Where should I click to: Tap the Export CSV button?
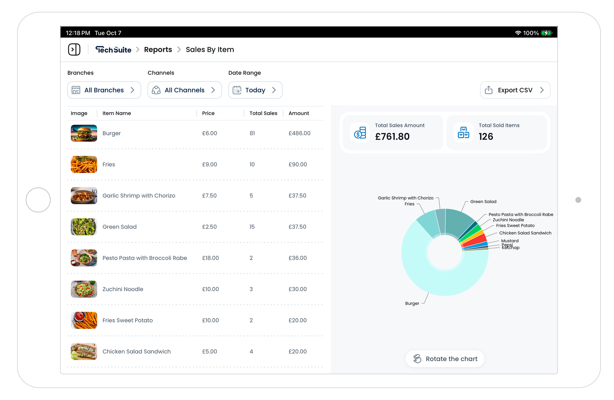(515, 90)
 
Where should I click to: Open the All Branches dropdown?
(104, 90)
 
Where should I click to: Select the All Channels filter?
(184, 90)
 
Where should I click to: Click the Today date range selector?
(255, 90)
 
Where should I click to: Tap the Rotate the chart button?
(445, 359)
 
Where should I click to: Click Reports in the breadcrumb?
(158, 49)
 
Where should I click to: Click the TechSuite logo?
(113, 49)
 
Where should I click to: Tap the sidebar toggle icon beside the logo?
(74, 49)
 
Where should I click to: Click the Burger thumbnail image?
(84, 133)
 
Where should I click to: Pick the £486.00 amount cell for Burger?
(299, 133)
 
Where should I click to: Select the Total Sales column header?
(263, 113)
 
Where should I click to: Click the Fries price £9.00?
(209, 164)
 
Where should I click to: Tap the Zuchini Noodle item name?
(123, 289)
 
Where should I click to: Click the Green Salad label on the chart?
(483, 202)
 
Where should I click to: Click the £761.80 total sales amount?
(392, 136)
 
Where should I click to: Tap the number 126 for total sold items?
(486, 136)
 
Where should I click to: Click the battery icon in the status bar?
(546, 33)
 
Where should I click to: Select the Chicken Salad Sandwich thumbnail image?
(84, 351)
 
